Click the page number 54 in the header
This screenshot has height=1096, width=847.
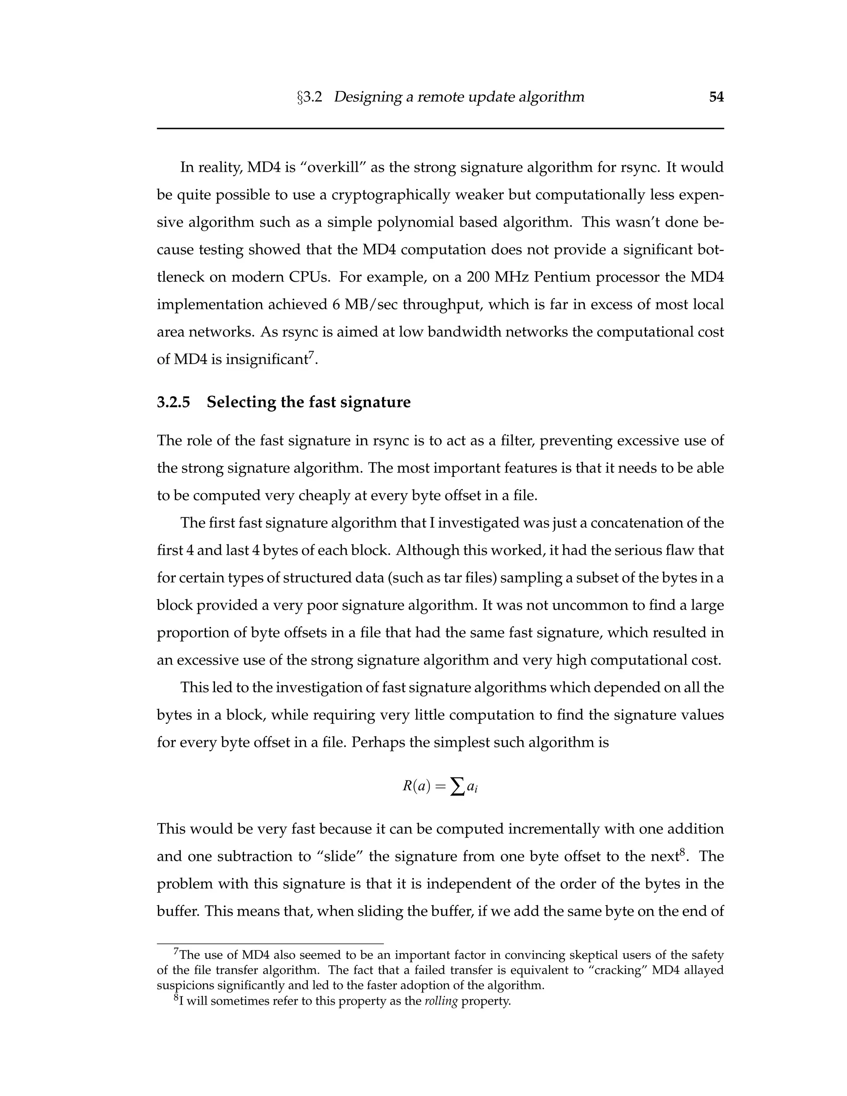(716, 97)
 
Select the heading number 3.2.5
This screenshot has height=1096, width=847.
(174, 402)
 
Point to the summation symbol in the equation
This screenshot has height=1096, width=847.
(457, 787)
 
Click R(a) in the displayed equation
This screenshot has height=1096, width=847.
(416, 786)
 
